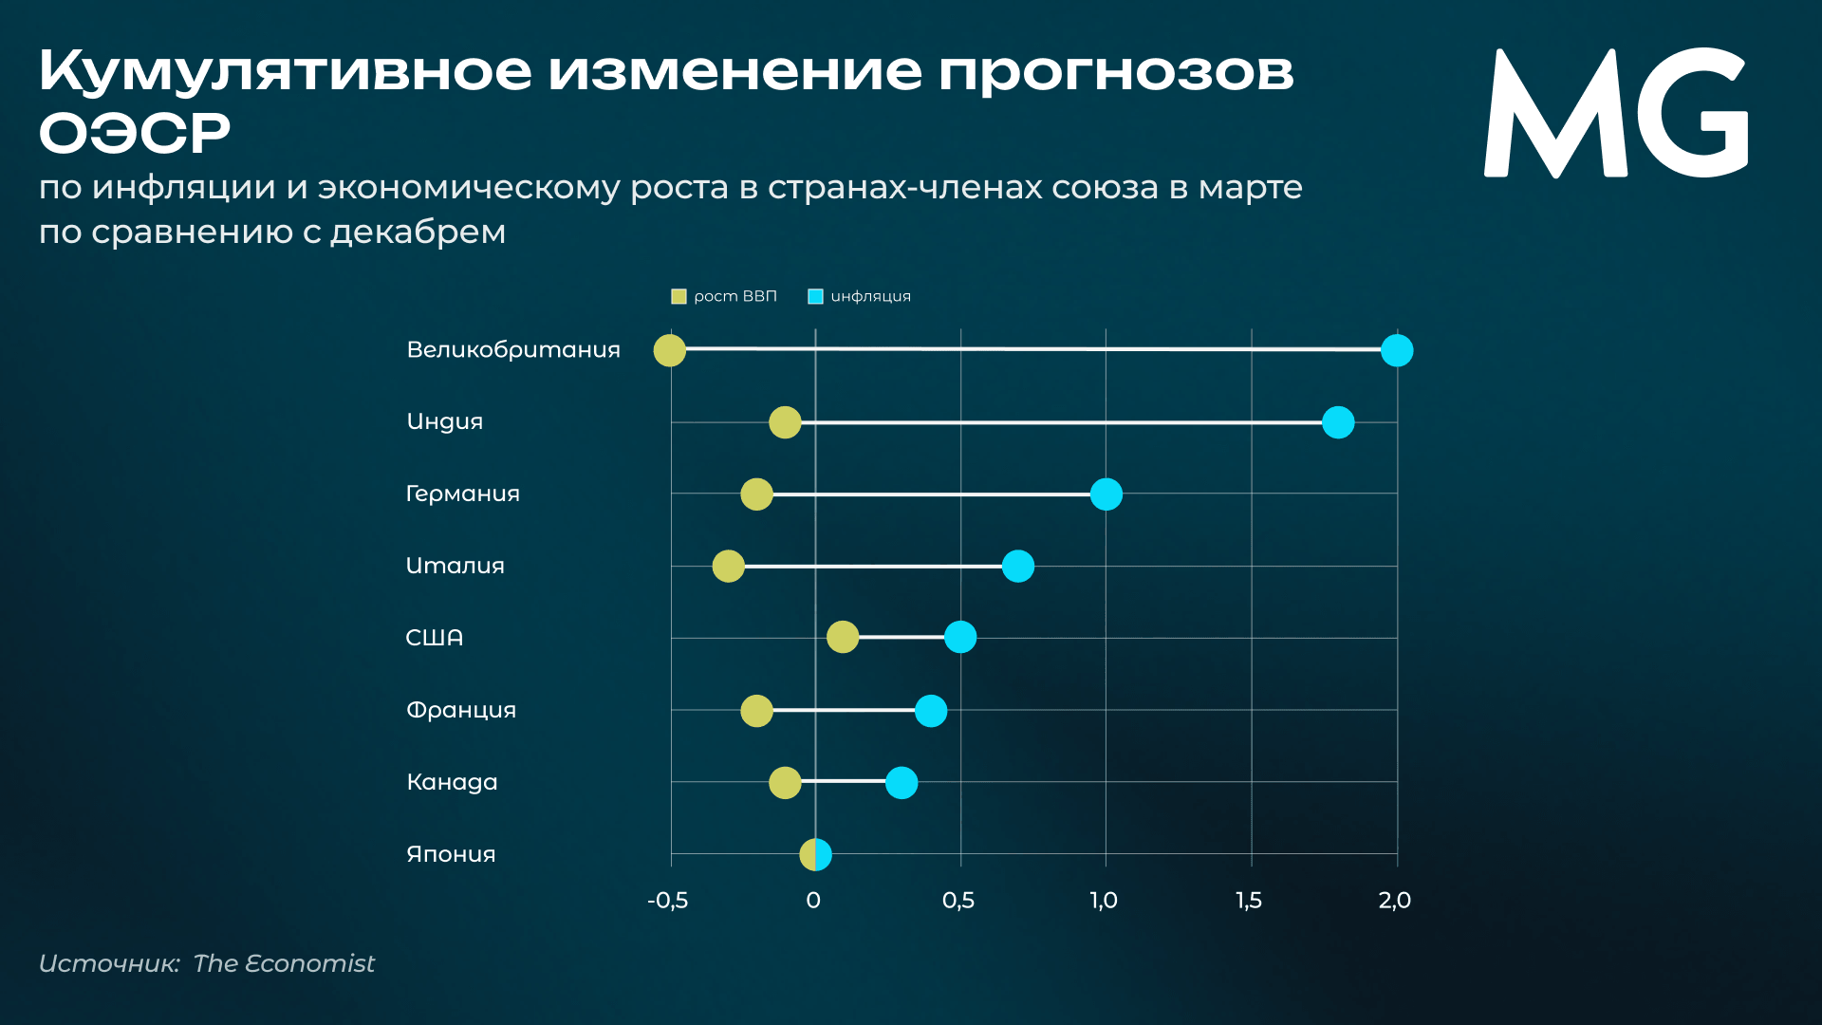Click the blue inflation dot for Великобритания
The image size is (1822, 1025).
[1397, 350]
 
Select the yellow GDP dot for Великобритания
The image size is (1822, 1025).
[670, 350]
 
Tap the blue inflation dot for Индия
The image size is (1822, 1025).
[1338, 422]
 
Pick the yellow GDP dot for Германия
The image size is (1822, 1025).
[756, 494]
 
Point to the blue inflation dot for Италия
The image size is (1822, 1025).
[1018, 567]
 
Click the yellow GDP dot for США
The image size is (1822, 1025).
[843, 637]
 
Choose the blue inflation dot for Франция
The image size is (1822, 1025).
[931, 711]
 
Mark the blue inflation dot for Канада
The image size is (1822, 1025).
[902, 783]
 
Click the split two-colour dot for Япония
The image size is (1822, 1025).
[816, 855]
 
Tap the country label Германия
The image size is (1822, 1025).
[463, 494]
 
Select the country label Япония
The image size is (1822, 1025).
[451, 854]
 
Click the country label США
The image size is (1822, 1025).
[435, 638]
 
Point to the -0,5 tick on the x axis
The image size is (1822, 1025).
[667, 901]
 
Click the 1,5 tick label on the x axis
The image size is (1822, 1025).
[1249, 901]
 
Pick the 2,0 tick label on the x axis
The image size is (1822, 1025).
[1395, 901]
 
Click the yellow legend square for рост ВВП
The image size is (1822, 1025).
[679, 297]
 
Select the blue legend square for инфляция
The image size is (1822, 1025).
[815, 297]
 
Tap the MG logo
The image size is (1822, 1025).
[1615, 114]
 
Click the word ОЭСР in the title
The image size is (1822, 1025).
[135, 133]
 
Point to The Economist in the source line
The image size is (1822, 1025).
[284, 963]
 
